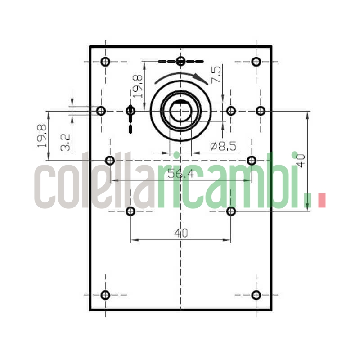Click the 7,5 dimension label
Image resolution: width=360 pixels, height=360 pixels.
coord(216,75)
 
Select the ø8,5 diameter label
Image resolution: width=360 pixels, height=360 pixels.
coord(224,146)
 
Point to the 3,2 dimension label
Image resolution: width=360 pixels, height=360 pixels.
coord(65,142)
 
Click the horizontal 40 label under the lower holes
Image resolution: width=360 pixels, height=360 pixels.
coord(180,233)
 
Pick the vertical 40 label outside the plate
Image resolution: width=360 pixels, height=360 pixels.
coord(300,160)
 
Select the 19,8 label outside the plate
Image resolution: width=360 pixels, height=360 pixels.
coord(43,136)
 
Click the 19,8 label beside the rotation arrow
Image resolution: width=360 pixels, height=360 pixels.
coord(137,86)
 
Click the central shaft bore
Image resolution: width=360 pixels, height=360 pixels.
coord(181,111)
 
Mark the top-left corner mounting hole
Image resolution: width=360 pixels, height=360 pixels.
coord(105,62)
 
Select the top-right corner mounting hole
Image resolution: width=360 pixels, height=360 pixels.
coord(256,62)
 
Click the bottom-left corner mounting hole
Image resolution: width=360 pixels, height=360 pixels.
coord(105,295)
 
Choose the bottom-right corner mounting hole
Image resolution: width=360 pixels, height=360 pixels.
coord(256,295)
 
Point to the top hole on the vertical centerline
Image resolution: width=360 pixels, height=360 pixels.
coord(181,61)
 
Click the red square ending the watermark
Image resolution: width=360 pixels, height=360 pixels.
coord(321,200)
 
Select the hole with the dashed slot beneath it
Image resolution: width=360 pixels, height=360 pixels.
coord(130,110)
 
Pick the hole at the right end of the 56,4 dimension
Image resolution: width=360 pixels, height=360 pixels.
coord(252,160)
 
